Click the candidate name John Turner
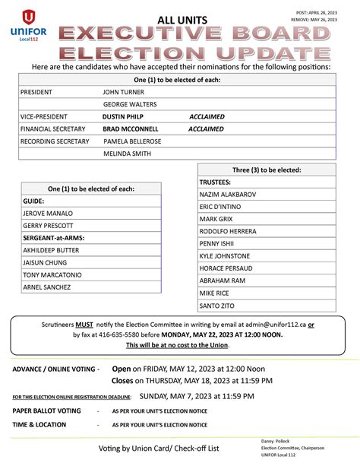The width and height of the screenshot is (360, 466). (x=124, y=90)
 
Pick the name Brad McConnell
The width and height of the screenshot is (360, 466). (x=130, y=129)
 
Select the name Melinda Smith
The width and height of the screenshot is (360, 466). (x=127, y=154)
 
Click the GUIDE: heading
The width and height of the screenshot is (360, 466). (x=33, y=201)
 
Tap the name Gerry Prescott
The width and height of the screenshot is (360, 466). (x=48, y=226)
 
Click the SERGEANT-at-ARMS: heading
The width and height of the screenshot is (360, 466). (x=53, y=238)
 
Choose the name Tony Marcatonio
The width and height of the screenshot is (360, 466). (x=52, y=274)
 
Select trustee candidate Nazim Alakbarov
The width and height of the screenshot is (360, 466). (x=228, y=195)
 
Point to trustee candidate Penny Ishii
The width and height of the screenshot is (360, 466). (x=216, y=244)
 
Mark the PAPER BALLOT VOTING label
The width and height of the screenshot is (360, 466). (x=46, y=411)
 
